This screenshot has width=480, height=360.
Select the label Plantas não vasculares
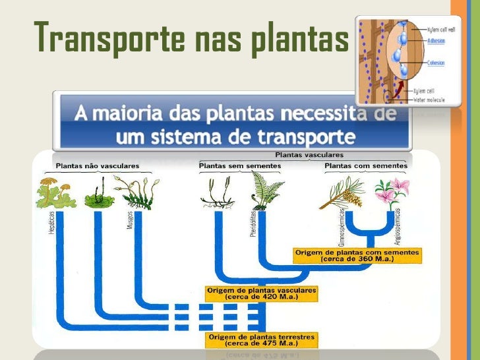(x=97, y=165)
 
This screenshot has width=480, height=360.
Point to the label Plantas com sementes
(x=366, y=165)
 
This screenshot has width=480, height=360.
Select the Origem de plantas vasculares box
(x=261, y=293)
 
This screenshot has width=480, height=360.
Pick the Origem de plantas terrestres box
(x=262, y=340)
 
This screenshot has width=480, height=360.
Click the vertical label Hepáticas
(x=52, y=224)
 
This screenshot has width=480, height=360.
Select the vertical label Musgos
(x=130, y=220)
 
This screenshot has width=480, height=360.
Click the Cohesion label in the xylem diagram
(x=436, y=63)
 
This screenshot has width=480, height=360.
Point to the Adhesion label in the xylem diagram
(x=435, y=40)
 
